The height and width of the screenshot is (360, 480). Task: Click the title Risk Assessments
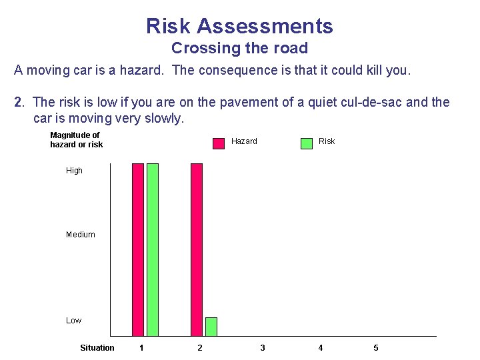click(x=239, y=26)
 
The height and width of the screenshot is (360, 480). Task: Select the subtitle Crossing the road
click(x=239, y=48)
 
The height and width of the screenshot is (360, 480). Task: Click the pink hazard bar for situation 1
click(x=138, y=249)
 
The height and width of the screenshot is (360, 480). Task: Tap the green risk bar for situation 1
click(x=153, y=249)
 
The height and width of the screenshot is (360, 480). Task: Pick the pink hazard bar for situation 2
click(x=197, y=249)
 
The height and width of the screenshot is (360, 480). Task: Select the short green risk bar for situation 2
click(x=211, y=327)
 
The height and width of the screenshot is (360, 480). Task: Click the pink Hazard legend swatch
click(x=219, y=143)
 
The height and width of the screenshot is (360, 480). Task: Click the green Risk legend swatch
click(x=307, y=143)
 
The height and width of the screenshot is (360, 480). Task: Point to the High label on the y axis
click(x=74, y=171)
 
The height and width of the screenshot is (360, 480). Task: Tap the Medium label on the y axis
click(x=81, y=235)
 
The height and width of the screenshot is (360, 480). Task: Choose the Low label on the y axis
click(x=73, y=321)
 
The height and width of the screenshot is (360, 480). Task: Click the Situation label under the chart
click(x=97, y=348)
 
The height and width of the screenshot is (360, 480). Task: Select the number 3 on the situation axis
click(x=263, y=348)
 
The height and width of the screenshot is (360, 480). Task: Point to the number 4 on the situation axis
click(x=321, y=348)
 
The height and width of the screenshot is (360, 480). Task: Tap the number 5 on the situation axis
click(x=376, y=348)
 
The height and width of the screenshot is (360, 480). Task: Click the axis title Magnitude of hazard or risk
click(x=76, y=140)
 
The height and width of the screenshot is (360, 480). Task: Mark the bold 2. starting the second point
click(x=19, y=103)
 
